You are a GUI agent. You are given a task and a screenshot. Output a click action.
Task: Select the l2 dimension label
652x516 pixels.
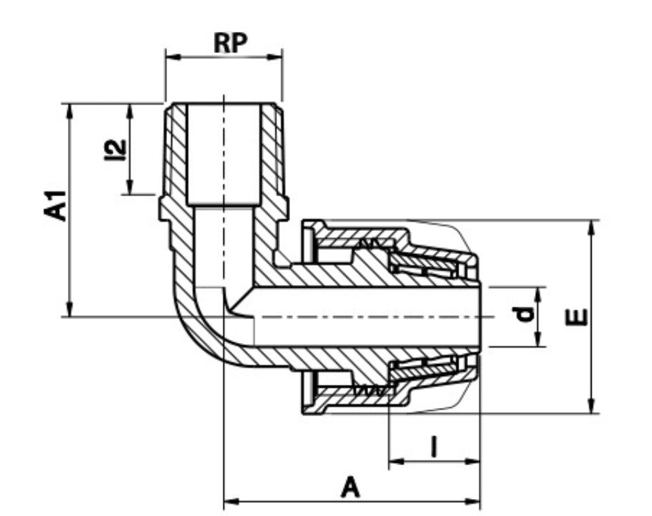tap(115, 149)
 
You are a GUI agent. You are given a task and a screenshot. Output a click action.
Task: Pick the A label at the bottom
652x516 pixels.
tap(350, 487)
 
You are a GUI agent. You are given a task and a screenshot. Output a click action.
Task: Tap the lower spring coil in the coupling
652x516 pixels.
tap(370, 391)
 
